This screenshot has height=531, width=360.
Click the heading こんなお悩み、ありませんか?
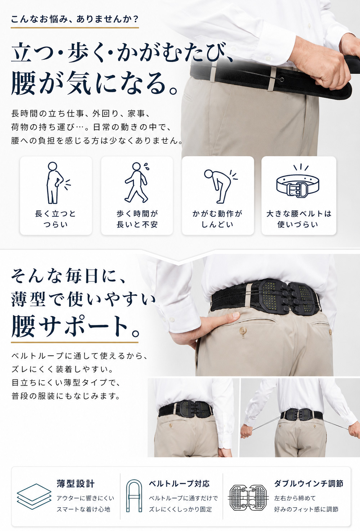tap(75, 19)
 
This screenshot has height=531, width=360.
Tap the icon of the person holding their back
tap(57, 183)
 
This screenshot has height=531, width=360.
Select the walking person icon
tap(137, 182)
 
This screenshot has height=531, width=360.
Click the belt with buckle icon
tap(298, 181)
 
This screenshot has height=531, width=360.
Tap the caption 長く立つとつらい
tap(55, 219)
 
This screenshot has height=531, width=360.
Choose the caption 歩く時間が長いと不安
tap(137, 219)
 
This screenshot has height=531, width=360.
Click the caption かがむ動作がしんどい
tap(217, 219)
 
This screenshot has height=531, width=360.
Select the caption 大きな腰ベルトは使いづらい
tap(298, 219)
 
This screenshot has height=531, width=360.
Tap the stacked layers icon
tap(34, 496)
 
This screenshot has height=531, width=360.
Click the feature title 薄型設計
tap(76, 483)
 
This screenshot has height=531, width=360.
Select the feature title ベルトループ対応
tap(179, 483)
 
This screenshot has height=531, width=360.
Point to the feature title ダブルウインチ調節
tap(309, 483)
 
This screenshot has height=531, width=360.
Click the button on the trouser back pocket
tap(243, 330)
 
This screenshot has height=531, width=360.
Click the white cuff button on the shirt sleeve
tap(171, 320)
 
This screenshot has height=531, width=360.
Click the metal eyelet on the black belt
tap(281, 80)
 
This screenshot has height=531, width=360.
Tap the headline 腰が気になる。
tap(94, 84)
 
